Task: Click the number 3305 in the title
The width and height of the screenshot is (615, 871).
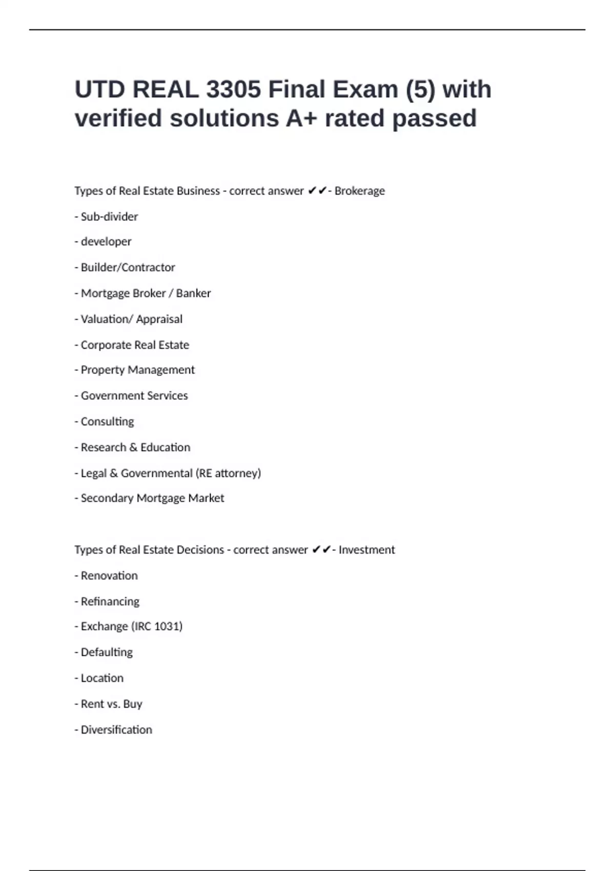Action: click(233, 90)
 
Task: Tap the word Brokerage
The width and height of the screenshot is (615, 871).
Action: click(359, 191)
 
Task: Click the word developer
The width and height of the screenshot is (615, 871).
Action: click(106, 242)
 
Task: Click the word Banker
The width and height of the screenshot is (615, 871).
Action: click(193, 294)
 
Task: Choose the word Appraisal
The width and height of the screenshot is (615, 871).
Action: click(159, 319)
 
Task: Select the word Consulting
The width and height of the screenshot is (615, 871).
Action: click(107, 422)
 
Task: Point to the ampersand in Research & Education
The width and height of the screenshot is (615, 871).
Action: click(133, 447)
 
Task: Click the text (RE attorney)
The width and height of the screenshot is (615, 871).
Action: click(228, 473)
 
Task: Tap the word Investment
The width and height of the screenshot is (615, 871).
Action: click(366, 550)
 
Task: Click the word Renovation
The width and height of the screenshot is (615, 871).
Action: click(109, 576)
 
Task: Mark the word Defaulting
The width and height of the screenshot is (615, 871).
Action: click(107, 652)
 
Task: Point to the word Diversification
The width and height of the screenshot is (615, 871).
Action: click(116, 730)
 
